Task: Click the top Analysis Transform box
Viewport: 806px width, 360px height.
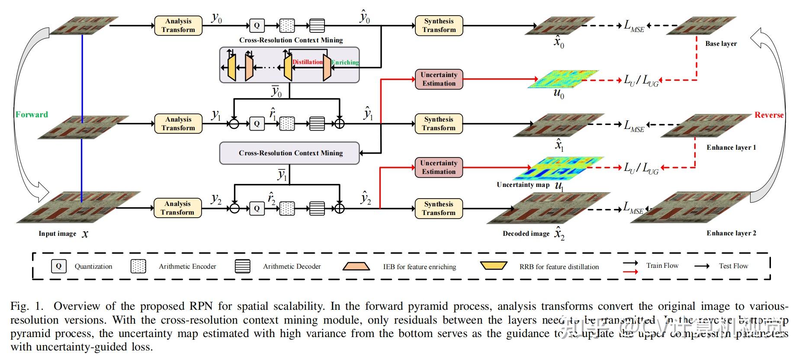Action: [x=178, y=26]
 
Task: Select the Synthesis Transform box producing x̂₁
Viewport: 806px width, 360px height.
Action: [x=439, y=124]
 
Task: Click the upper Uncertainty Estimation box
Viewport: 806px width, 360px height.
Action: [x=439, y=79]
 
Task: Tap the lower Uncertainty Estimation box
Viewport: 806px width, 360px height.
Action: [x=439, y=167]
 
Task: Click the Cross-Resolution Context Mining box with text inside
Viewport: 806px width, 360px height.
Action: [x=289, y=153]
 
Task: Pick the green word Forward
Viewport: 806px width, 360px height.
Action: [x=32, y=115]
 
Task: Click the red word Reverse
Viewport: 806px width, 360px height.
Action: [x=769, y=115]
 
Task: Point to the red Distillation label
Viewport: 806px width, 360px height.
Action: [x=308, y=62]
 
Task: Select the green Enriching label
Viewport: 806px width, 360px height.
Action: [x=345, y=62]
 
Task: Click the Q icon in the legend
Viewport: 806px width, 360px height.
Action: [x=59, y=266]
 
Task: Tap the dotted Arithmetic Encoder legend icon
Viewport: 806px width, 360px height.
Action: [x=138, y=266]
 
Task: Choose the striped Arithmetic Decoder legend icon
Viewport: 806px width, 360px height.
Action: [x=243, y=266]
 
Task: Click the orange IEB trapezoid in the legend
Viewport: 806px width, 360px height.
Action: [x=356, y=266]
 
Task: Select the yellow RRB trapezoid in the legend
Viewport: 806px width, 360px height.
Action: [x=494, y=265]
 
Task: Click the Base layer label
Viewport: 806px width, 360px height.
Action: [x=721, y=44]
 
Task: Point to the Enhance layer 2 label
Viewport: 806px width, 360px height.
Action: [x=731, y=233]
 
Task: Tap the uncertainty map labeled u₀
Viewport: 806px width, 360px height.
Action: [x=563, y=79]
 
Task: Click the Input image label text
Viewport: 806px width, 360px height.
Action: [x=57, y=234]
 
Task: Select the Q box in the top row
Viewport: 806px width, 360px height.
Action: [x=257, y=26]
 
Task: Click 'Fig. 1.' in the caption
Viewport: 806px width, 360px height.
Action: [x=27, y=306]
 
